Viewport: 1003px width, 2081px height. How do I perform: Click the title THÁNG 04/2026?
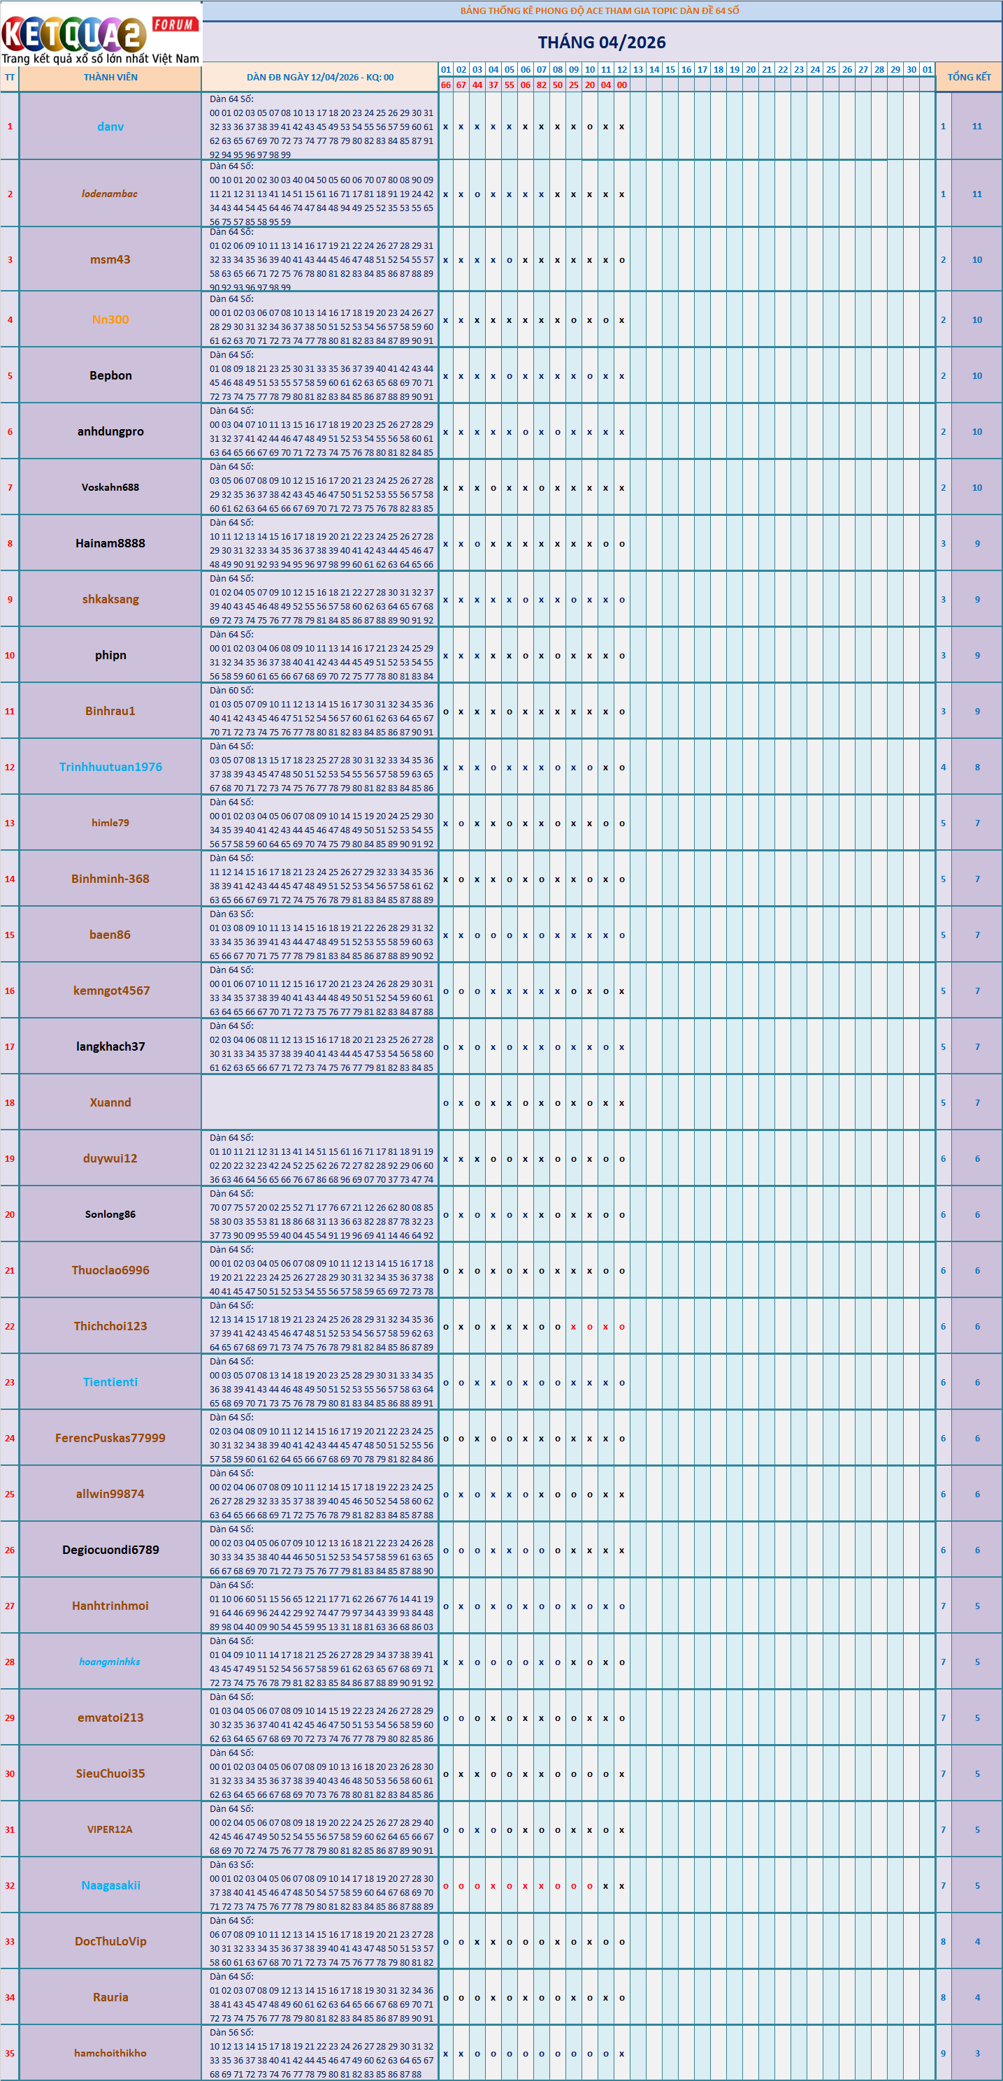pyautogui.click(x=602, y=42)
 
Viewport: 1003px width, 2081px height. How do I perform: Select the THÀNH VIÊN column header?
pyautogui.click(x=110, y=78)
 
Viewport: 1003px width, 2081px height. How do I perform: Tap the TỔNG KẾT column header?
pyautogui.click(x=968, y=78)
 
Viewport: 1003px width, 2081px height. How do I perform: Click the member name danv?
pyautogui.click(x=110, y=127)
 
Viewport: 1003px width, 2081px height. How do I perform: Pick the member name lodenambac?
pyautogui.click(x=110, y=194)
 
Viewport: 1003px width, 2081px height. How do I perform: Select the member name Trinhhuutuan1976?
pyautogui.click(x=110, y=767)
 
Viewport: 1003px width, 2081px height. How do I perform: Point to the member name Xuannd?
pyautogui.click(x=110, y=1102)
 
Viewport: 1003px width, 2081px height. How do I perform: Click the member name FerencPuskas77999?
pyautogui.click(x=110, y=1437)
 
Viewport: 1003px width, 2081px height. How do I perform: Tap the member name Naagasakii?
pyautogui.click(x=110, y=1885)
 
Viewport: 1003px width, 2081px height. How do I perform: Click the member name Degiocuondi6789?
pyautogui.click(x=110, y=1550)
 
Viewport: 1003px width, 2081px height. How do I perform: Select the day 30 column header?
pyautogui.click(x=911, y=69)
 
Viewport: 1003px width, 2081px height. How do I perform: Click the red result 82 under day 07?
pyautogui.click(x=541, y=85)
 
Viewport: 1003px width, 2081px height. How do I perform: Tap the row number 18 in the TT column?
pyautogui.click(x=10, y=1102)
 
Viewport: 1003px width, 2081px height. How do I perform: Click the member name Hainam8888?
pyautogui.click(x=110, y=543)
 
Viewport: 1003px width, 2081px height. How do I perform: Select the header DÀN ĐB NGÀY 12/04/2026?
pyautogui.click(x=320, y=78)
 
